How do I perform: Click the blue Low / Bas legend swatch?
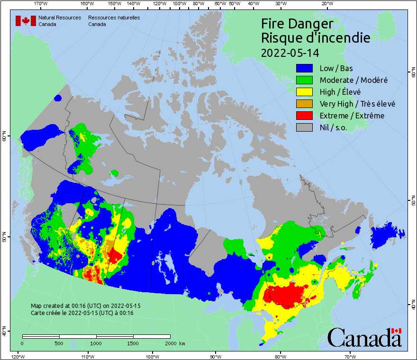pyautogui.click(x=304, y=68)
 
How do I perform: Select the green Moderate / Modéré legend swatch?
pyautogui.click(x=304, y=80)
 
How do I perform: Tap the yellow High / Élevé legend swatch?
pyautogui.click(x=304, y=92)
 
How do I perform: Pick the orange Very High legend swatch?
pyautogui.click(x=304, y=104)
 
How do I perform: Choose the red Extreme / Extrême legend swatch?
pyautogui.click(x=304, y=116)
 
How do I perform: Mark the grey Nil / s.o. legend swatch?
pyautogui.click(x=304, y=127)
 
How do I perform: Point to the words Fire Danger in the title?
pyautogui.click(x=297, y=24)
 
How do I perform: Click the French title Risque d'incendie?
pyautogui.click(x=315, y=38)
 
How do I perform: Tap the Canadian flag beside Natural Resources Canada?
pyautogui.click(x=26, y=21)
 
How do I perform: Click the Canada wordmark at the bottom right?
pyautogui.click(x=364, y=337)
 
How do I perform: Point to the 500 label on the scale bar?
pyautogui.click(x=59, y=343)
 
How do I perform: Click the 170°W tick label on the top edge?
pyautogui.click(x=42, y=4)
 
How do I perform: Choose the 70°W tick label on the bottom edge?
pyautogui.click(x=350, y=356)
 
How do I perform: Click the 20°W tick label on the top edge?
pyautogui.click(x=326, y=4)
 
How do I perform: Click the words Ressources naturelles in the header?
pyautogui.click(x=114, y=18)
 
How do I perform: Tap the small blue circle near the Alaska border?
pyautogui.click(x=58, y=98)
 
